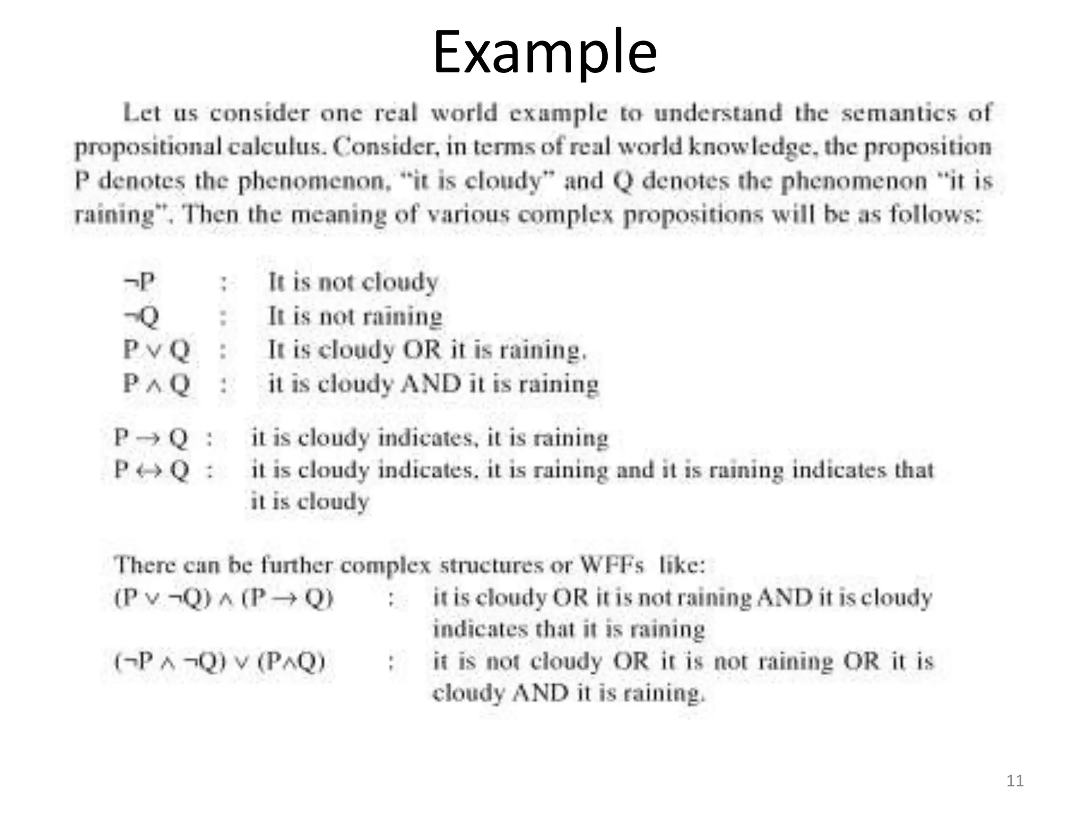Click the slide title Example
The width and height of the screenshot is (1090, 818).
tap(544, 52)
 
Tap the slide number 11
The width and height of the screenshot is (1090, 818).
tap(1015, 781)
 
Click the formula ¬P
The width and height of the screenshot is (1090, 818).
tap(139, 282)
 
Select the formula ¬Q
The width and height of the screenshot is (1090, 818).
tap(141, 316)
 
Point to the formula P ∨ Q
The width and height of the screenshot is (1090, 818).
tap(156, 350)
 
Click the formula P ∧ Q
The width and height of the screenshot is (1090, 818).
tap(156, 383)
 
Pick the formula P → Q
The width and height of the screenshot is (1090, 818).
tap(151, 438)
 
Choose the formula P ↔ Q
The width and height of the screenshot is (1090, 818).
tap(151, 470)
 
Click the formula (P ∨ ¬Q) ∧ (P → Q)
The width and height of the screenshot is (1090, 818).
tap(224, 598)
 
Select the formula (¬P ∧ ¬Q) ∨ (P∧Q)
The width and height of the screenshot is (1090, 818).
tap(220, 662)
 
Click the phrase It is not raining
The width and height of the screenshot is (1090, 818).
tap(355, 316)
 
